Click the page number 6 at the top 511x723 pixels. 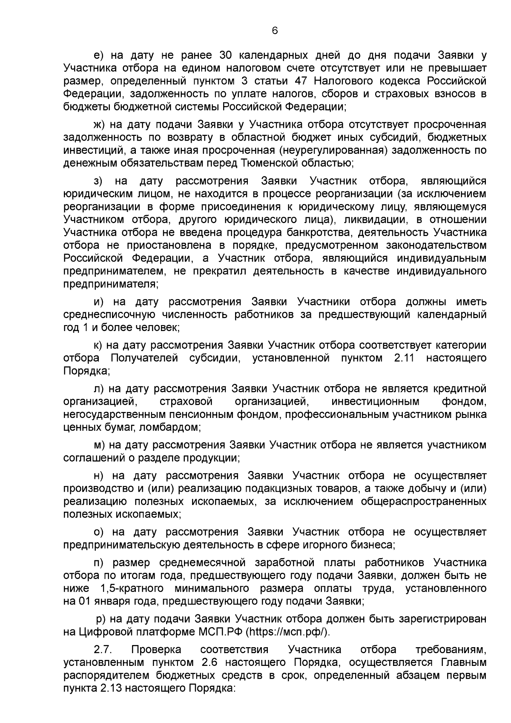click(x=275, y=30)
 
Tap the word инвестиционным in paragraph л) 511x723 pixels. click(x=375, y=401)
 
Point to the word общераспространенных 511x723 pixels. click(x=424, y=501)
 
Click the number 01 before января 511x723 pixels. click(x=83, y=601)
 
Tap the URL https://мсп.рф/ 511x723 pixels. click(x=288, y=632)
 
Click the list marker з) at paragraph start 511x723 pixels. click(x=98, y=181)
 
